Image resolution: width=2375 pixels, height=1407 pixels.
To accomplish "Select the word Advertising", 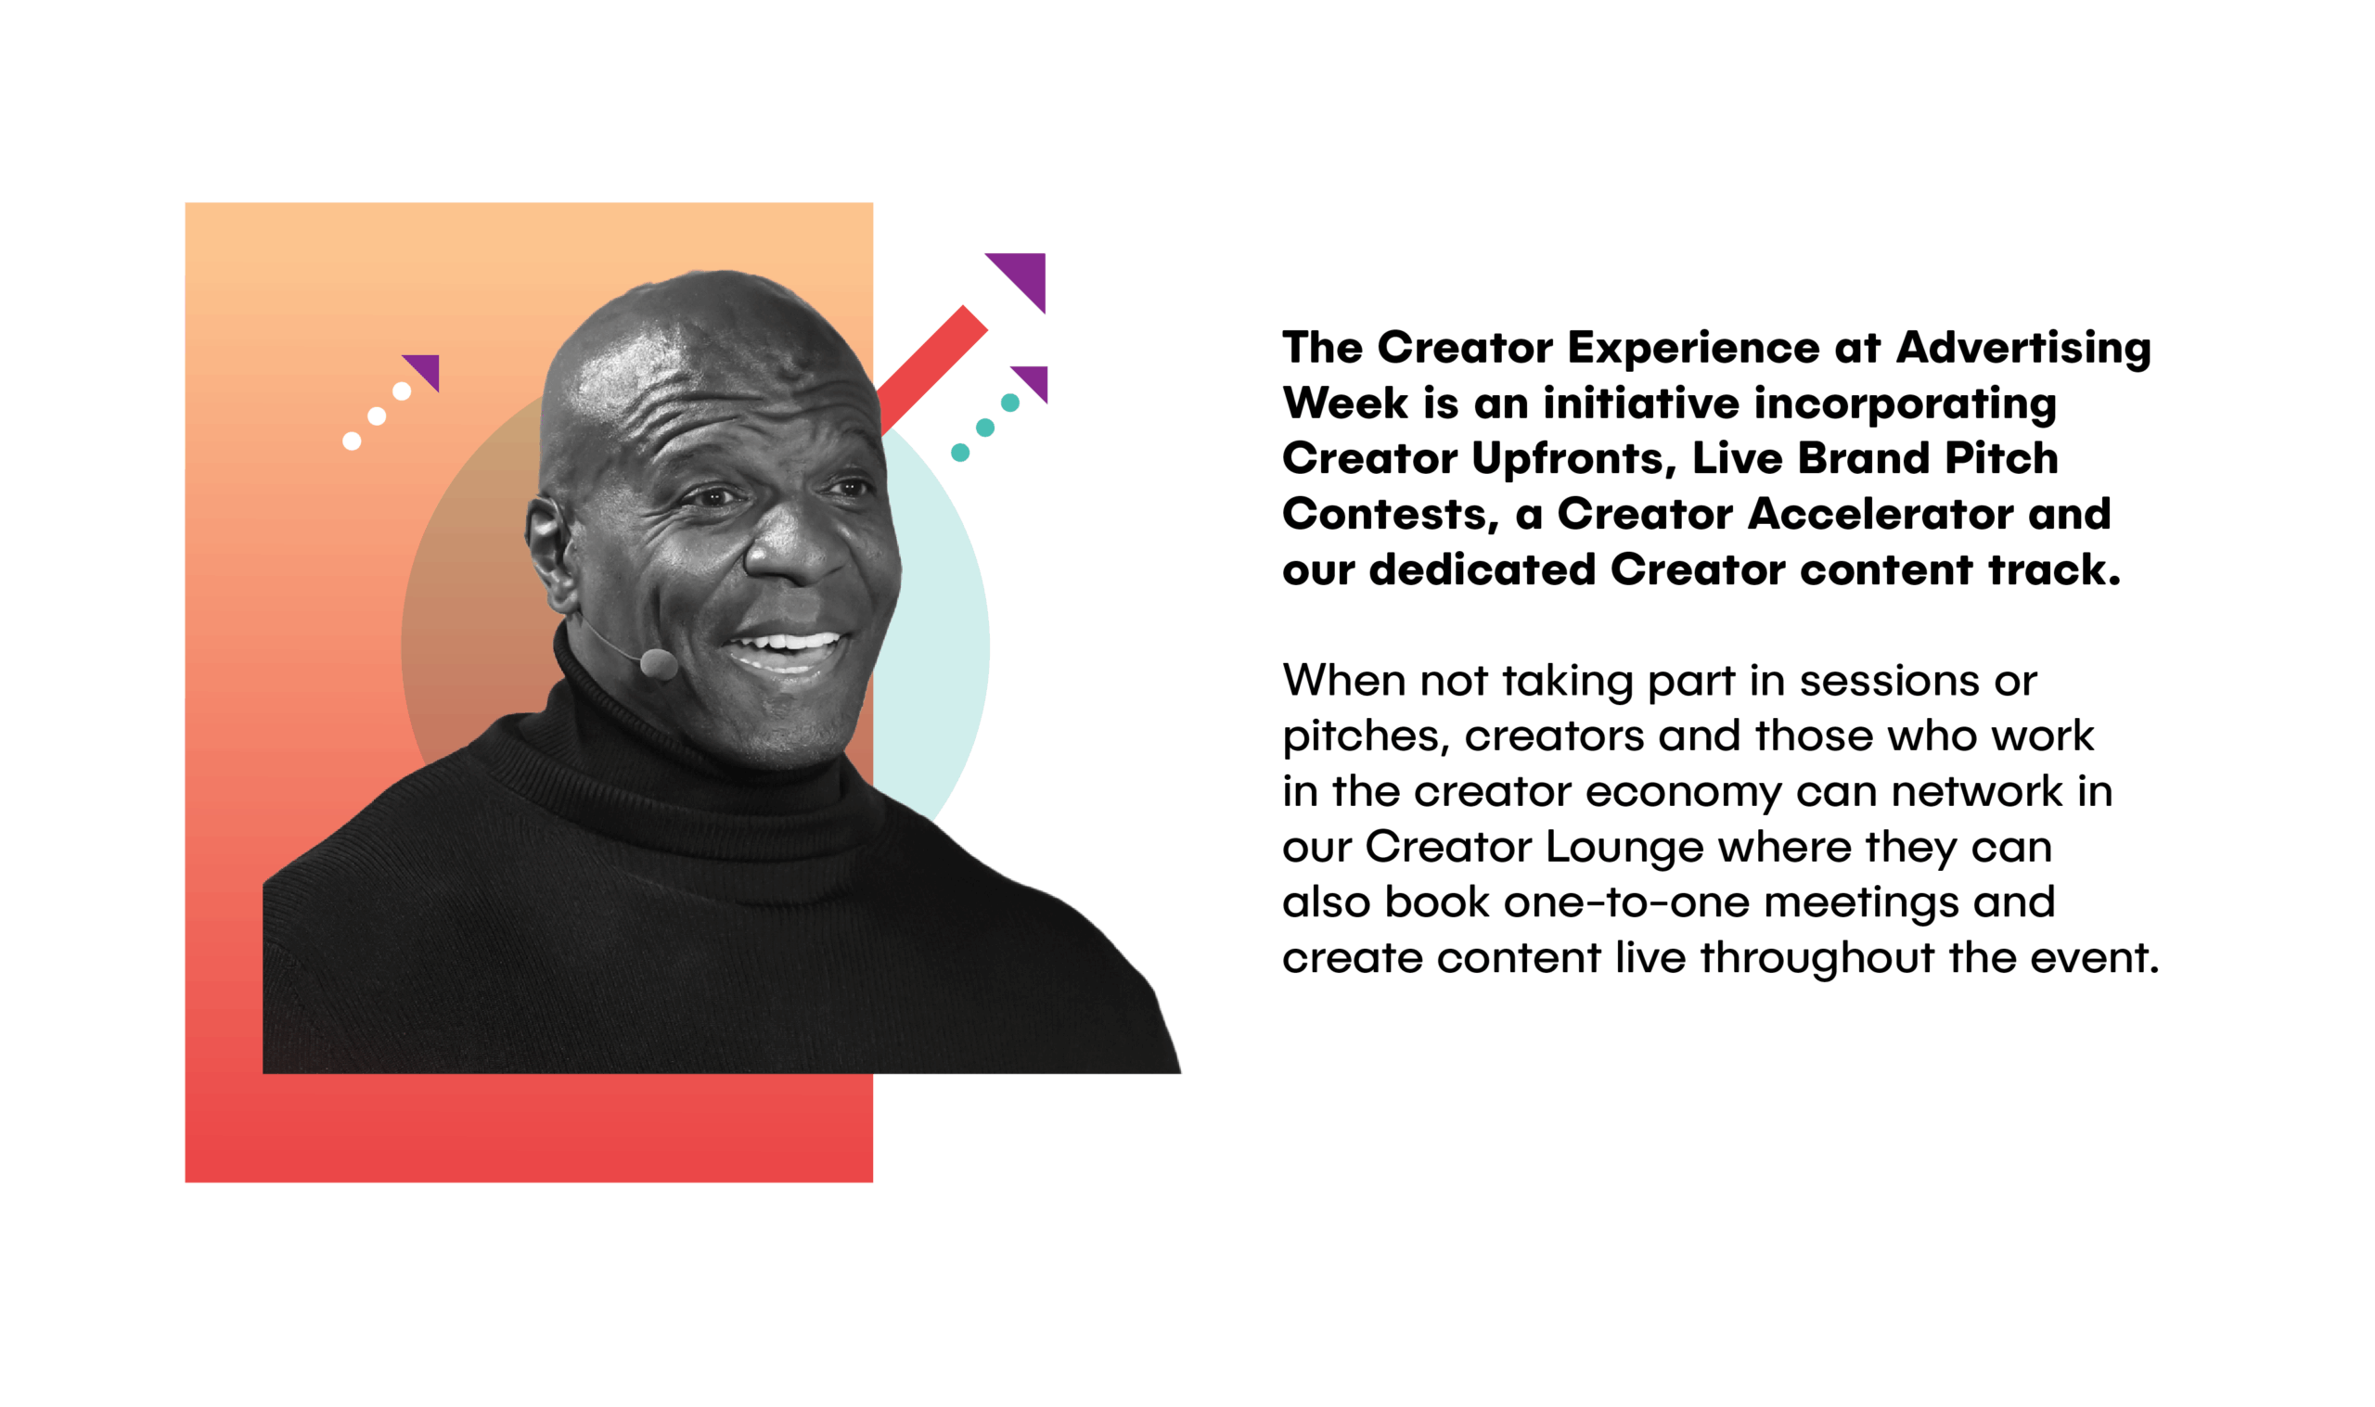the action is coord(2023,349).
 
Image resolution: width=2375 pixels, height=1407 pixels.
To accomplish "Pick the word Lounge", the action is coord(1624,848).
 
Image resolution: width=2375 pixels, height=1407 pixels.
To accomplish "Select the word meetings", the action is coord(1861,903).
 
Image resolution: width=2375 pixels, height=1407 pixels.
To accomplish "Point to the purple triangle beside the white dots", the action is coord(426,368).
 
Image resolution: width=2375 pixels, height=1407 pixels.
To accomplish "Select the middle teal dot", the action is coord(985,428).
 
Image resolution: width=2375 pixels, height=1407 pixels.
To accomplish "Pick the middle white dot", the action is coord(377,416).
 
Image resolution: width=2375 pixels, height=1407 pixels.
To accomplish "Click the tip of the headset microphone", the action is coord(659,664).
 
